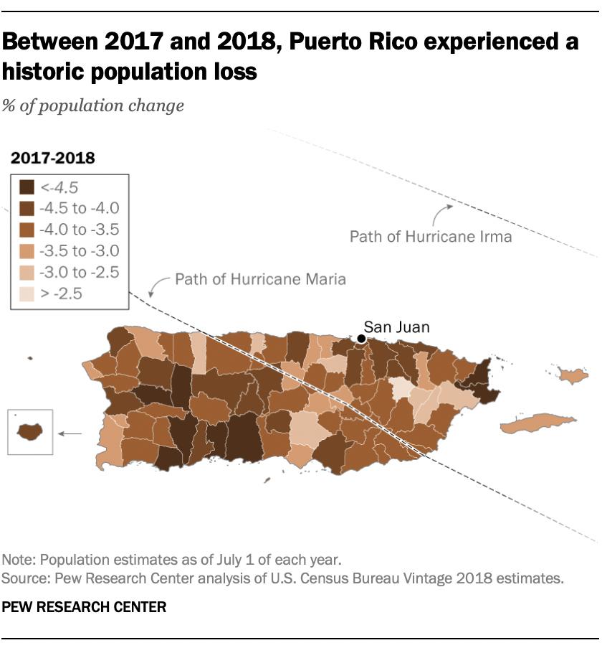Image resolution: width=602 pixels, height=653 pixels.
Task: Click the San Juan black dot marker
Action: (x=362, y=339)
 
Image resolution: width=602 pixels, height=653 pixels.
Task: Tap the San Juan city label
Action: (x=396, y=327)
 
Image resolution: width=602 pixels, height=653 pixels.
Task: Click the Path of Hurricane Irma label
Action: (x=431, y=236)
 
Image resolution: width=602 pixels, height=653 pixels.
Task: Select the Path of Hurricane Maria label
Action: (x=260, y=278)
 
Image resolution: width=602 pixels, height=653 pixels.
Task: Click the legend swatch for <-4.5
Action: (x=27, y=188)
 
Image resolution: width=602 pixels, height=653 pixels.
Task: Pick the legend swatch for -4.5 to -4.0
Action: (x=27, y=209)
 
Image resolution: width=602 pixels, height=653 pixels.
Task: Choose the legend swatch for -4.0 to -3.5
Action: (x=27, y=230)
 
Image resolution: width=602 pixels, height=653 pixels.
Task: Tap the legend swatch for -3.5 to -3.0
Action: (x=27, y=251)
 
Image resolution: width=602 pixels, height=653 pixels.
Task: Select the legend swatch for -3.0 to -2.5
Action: (x=27, y=273)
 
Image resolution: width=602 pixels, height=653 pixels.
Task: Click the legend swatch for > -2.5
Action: (x=27, y=293)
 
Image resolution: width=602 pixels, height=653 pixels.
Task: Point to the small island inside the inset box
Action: (x=29, y=432)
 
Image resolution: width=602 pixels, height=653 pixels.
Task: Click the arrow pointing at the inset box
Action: (x=70, y=433)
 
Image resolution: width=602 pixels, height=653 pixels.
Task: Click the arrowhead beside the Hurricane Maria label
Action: (x=151, y=292)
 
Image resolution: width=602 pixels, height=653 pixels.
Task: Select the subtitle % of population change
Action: (x=92, y=105)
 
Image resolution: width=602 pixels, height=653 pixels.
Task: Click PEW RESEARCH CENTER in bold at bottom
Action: (x=84, y=607)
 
